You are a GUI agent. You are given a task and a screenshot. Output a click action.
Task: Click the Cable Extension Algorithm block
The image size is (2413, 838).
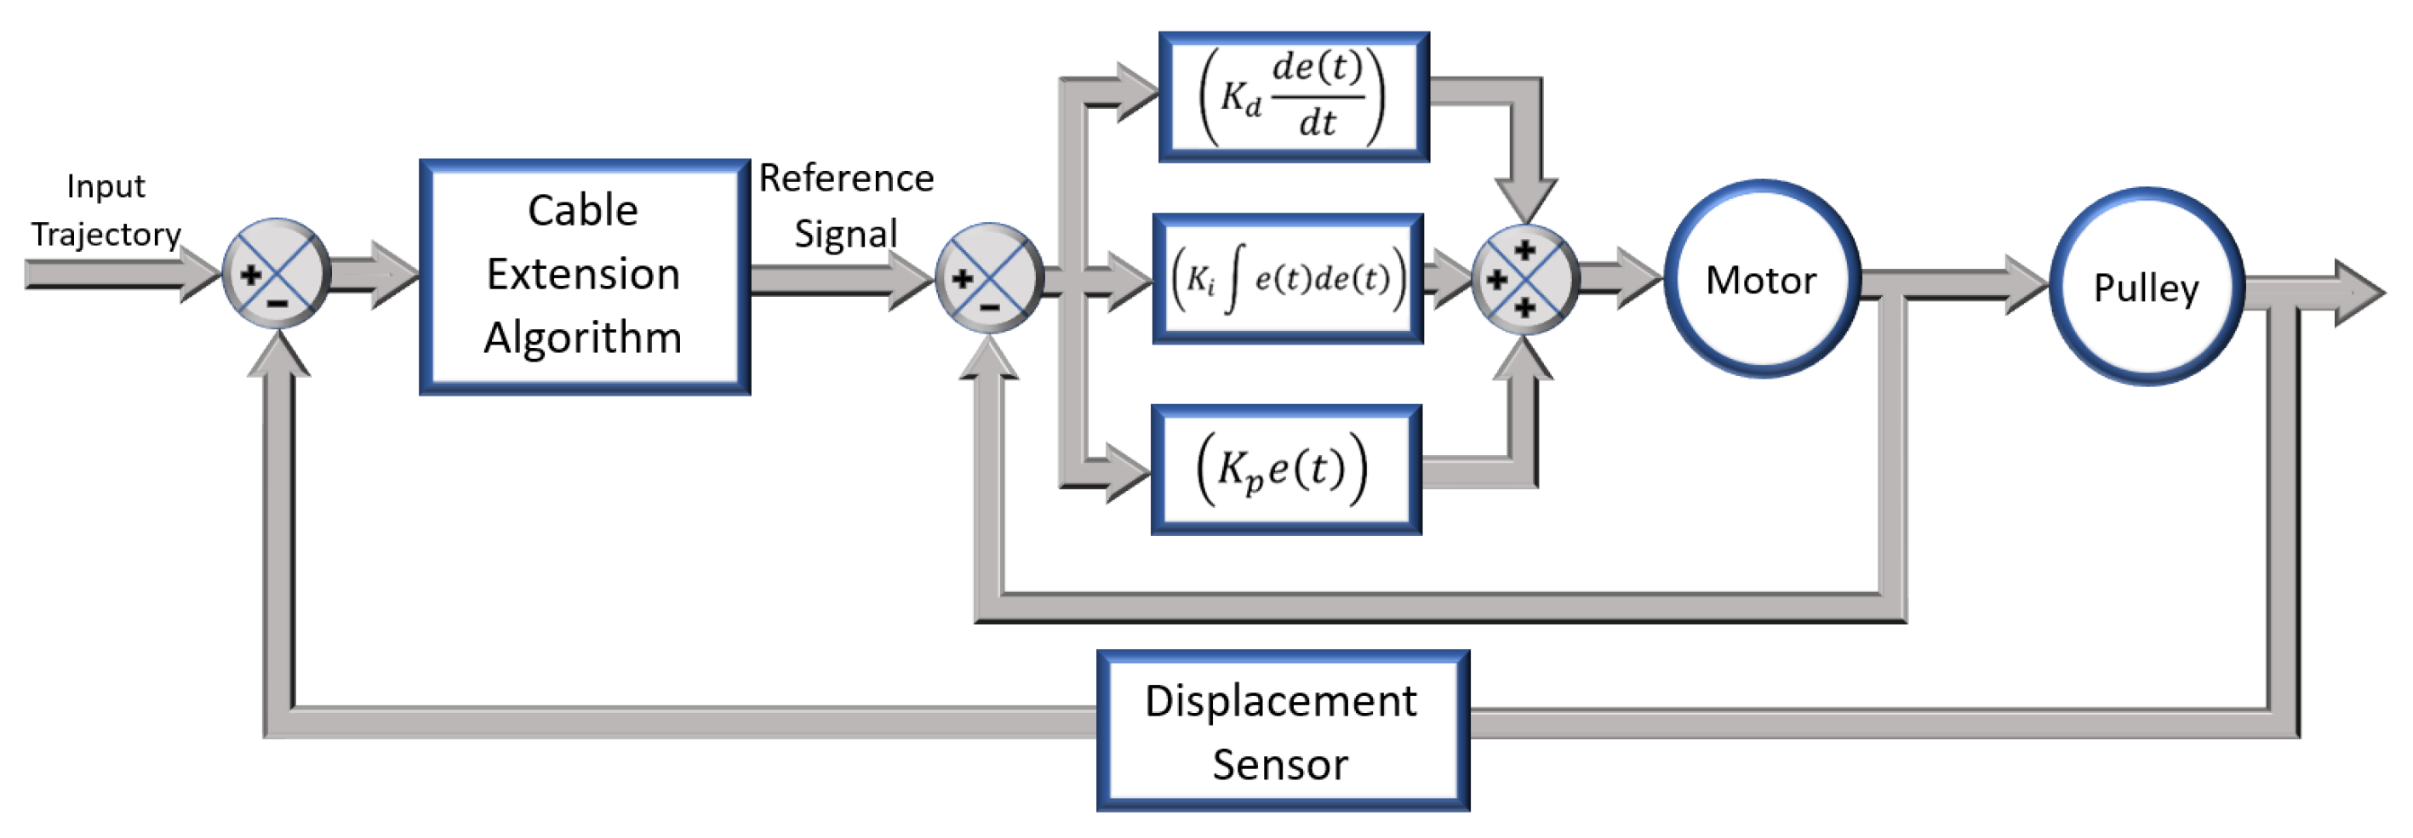[x=584, y=277]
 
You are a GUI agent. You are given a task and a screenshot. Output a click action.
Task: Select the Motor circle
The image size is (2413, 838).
[x=1761, y=279]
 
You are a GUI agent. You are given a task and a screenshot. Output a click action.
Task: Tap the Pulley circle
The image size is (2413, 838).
[x=2145, y=287]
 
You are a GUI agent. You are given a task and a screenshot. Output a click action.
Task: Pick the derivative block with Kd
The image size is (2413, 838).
[x=1293, y=96]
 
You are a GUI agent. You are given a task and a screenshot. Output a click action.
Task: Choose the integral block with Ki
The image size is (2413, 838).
[x=1287, y=278]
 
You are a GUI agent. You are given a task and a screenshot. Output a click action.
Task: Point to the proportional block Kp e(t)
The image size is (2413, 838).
[x=1285, y=469]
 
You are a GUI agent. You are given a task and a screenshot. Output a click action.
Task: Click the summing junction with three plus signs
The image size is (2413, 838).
[x=1524, y=278]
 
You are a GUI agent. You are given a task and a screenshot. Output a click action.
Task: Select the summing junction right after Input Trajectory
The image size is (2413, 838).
[x=277, y=273]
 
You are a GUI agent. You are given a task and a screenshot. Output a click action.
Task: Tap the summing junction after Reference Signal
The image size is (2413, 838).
[x=989, y=278]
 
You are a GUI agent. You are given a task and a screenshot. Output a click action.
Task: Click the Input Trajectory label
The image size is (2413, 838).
[x=105, y=210]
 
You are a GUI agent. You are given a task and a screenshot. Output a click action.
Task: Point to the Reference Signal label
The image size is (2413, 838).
[x=846, y=205]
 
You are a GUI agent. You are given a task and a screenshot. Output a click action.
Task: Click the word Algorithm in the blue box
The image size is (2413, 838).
[x=583, y=337]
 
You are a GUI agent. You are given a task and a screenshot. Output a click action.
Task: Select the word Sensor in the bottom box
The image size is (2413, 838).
[x=1279, y=764]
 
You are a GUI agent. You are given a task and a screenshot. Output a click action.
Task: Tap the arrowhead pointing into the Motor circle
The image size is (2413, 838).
[x=1638, y=278]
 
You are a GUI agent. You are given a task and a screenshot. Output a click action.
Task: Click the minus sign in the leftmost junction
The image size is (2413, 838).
[x=277, y=302]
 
